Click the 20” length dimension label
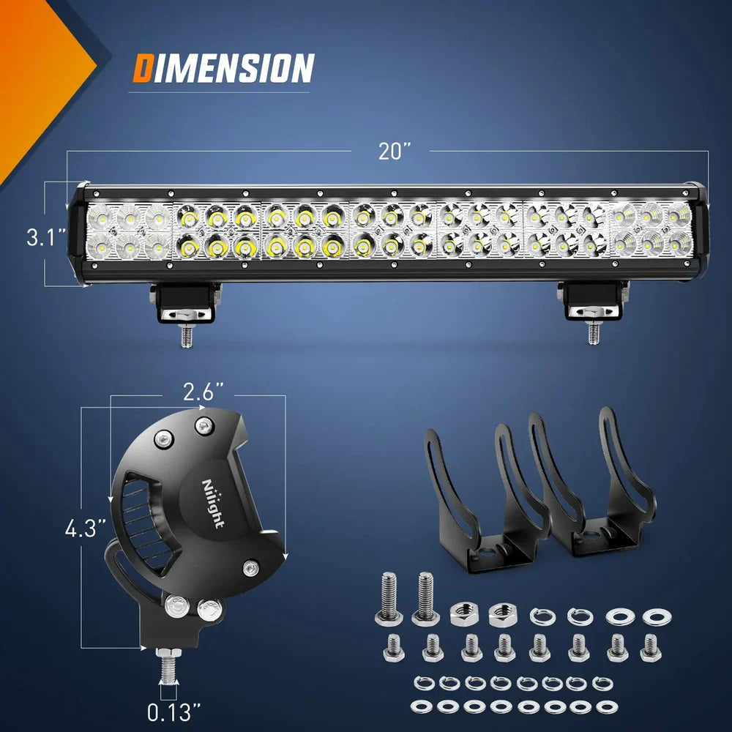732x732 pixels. point(395,151)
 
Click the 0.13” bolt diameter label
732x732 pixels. point(173,711)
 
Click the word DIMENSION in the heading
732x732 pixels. point(223,69)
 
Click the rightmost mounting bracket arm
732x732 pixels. point(626,468)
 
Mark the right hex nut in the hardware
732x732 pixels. point(503,613)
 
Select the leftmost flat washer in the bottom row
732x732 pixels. point(420,707)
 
